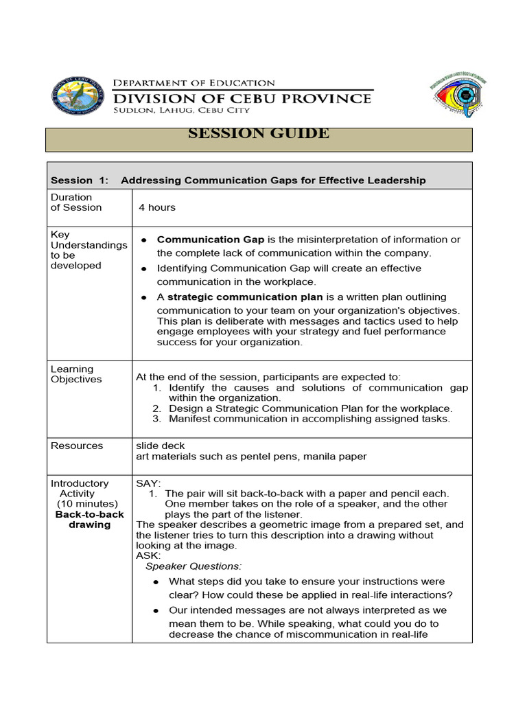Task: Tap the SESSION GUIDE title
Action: click(x=259, y=134)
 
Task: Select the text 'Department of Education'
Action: click(x=194, y=82)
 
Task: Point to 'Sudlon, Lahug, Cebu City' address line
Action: click(x=181, y=110)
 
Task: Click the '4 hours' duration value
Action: click(x=157, y=207)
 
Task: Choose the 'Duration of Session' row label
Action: click(x=76, y=203)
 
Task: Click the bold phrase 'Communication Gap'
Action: click(x=210, y=240)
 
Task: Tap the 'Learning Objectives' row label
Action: click(x=76, y=374)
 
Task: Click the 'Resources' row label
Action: click(x=77, y=446)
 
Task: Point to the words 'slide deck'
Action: click(x=161, y=446)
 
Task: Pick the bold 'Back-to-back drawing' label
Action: click(x=90, y=520)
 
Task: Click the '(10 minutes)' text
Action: click(x=87, y=504)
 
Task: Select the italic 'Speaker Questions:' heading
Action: click(x=194, y=566)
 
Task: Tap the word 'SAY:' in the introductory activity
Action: click(x=148, y=483)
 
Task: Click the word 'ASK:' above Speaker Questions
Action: click(x=148, y=555)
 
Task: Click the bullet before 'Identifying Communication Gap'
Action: click(x=144, y=269)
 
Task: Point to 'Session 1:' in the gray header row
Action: click(x=80, y=181)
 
